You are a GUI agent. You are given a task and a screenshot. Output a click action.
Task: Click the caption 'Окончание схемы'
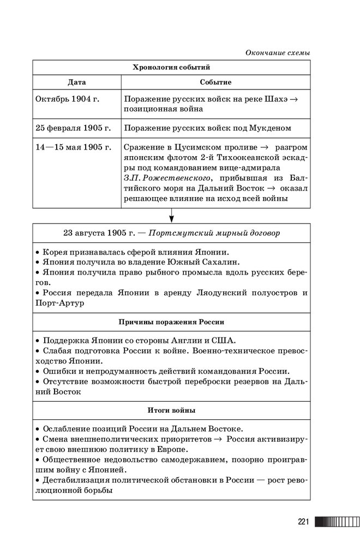pyautogui.click(x=278, y=53)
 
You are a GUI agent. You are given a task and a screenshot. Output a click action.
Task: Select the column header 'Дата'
pyautogui.click(x=76, y=82)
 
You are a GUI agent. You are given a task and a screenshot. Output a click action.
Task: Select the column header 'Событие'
pyautogui.click(x=215, y=82)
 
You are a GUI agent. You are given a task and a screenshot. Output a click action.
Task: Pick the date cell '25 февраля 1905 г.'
pyautogui.click(x=73, y=128)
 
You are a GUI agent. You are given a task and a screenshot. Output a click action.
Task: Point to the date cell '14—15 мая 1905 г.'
pyautogui.click(x=73, y=147)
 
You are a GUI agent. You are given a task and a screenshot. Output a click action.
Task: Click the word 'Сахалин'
pyautogui.click(x=224, y=262)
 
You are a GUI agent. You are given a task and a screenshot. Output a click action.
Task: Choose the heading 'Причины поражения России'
pyautogui.click(x=171, y=322)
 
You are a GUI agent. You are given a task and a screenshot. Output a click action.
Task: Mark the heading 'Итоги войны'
pyautogui.click(x=171, y=409)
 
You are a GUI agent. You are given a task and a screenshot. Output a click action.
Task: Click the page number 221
pyautogui.click(x=303, y=522)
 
